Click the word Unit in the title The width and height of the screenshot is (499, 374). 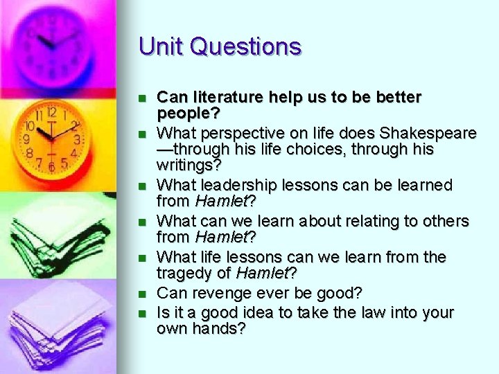(x=161, y=46)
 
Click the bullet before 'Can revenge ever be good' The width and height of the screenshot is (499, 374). (x=143, y=294)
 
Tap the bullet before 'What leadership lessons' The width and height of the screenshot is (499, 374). (x=143, y=186)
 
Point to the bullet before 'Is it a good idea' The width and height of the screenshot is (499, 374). (x=143, y=313)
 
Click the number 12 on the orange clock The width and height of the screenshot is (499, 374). (x=51, y=112)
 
